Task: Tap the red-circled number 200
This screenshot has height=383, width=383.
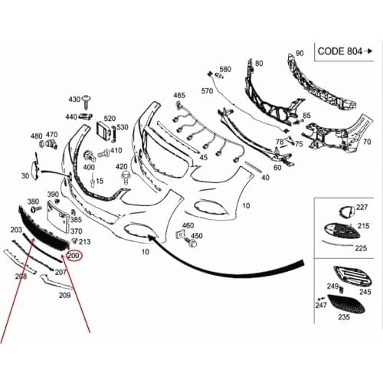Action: point(74,256)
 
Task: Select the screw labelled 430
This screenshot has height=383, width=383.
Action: point(87,101)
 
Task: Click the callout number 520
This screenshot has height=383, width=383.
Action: point(110,119)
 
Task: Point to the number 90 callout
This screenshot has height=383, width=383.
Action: point(300,53)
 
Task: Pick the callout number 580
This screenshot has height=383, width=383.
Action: point(225,69)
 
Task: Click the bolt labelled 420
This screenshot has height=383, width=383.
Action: point(126,178)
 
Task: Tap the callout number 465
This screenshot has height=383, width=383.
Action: point(179,95)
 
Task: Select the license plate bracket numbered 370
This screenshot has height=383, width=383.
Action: point(58,217)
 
